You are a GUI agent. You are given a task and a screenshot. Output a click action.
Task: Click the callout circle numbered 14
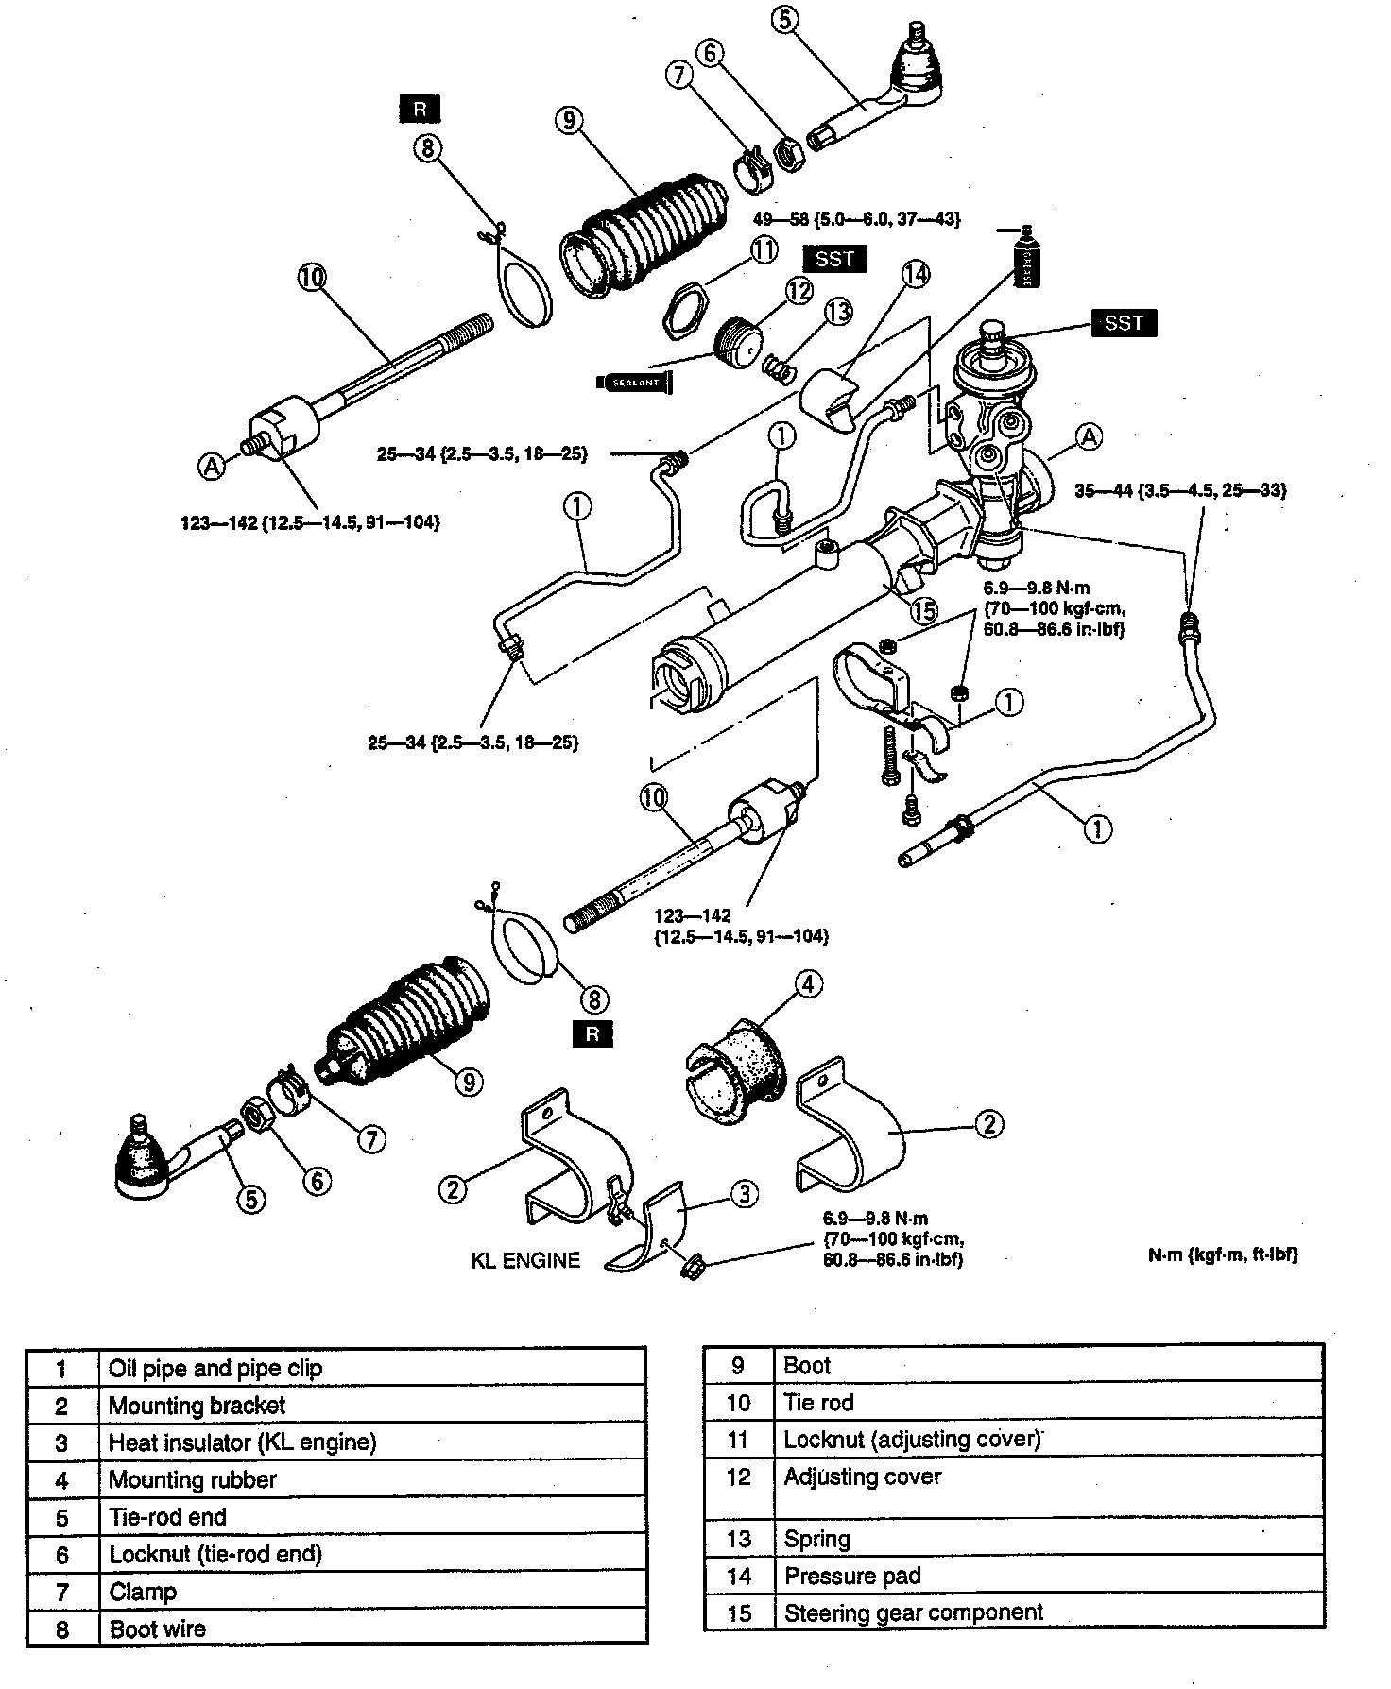pyautogui.click(x=915, y=275)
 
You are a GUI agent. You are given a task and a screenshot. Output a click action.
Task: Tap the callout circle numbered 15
pyautogui.click(x=923, y=610)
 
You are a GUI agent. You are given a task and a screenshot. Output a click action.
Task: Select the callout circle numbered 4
pyautogui.click(x=807, y=984)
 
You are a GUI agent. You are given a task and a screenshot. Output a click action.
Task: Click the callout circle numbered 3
pyautogui.click(x=745, y=1194)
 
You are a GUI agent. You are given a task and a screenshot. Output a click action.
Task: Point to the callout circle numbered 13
pyautogui.click(x=838, y=311)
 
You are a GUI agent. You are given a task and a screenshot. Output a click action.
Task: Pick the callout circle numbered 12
pyautogui.click(x=799, y=290)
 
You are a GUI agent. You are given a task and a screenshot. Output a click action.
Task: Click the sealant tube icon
pyautogui.click(x=634, y=382)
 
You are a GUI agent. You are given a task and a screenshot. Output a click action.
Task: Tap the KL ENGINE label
pyautogui.click(x=525, y=1260)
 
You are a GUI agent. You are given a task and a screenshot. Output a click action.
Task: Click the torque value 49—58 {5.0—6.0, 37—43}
pyautogui.click(x=856, y=219)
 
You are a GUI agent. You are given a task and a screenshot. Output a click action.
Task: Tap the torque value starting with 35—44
pyautogui.click(x=1180, y=490)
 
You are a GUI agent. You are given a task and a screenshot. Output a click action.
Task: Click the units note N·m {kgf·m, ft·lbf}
pyautogui.click(x=1223, y=1255)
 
